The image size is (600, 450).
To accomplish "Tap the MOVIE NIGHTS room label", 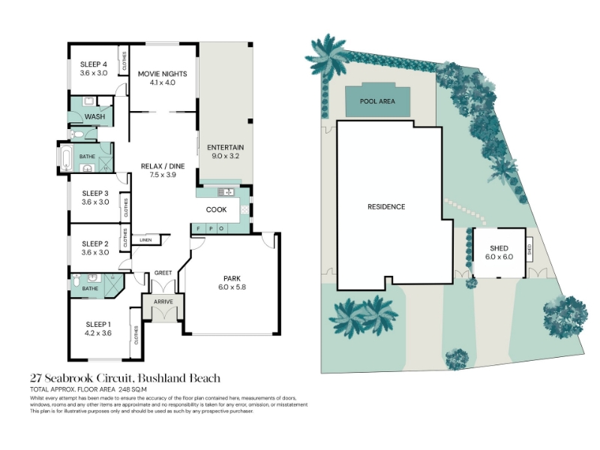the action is point(163,73).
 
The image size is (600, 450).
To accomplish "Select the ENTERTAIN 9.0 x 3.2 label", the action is point(226,151).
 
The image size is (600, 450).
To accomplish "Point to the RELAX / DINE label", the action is point(163,166).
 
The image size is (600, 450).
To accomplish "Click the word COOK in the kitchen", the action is point(216,210).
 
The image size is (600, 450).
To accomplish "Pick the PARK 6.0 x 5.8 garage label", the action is point(232,283).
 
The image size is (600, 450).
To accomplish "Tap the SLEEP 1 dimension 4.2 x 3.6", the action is point(98,333).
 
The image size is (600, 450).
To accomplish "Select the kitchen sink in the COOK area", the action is point(226,192).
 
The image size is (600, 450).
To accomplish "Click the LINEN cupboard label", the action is point(145,240).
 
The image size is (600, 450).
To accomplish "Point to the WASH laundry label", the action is point(95,117).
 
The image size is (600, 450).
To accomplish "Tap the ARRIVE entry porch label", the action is point(163,302).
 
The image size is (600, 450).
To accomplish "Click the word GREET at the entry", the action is point(163,273).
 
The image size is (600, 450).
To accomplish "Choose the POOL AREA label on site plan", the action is point(377,101).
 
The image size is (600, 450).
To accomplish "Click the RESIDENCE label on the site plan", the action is point(386,207).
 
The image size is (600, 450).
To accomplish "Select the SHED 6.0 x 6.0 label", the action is point(499,253).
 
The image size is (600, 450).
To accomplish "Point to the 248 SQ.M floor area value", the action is point(133,390).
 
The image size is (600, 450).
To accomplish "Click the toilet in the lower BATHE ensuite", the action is point(76,281).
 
